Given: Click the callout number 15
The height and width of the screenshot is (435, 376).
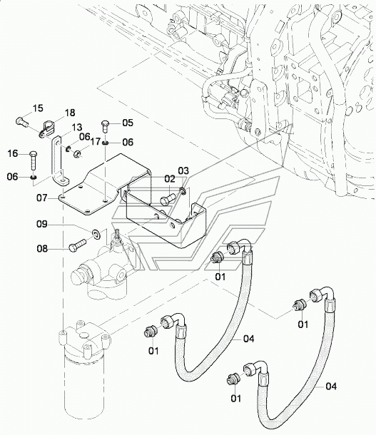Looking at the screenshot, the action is click(x=39, y=108).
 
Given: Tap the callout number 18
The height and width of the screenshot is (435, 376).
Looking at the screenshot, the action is click(x=70, y=113).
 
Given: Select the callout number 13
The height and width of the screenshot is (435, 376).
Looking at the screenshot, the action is click(x=77, y=128).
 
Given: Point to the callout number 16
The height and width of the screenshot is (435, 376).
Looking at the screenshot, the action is click(x=13, y=153).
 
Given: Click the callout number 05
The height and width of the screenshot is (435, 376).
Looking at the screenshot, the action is click(x=128, y=123).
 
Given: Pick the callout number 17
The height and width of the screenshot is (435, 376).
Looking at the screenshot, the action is click(x=95, y=141).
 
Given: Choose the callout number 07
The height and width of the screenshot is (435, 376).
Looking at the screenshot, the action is click(x=42, y=198).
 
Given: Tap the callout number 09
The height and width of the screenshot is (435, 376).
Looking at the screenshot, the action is click(x=42, y=224).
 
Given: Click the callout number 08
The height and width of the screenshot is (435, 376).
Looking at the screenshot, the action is click(x=42, y=249).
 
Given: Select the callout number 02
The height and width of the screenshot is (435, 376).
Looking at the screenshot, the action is click(x=170, y=179).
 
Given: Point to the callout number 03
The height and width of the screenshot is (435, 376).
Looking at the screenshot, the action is click(x=183, y=170).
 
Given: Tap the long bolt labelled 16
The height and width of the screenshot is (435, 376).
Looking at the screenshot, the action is click(x=33, y=160).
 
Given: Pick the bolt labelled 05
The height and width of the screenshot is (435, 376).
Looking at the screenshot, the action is click(x=106, y=126).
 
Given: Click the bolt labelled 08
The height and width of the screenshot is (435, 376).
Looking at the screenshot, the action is click(x=78, y=245).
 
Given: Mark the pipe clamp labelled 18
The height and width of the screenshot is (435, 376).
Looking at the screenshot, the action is click(x=46, y=128).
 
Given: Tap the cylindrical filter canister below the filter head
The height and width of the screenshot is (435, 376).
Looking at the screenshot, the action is click(x=84, y=388).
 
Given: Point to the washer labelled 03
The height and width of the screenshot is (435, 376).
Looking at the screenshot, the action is click(x=183, y=191).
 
